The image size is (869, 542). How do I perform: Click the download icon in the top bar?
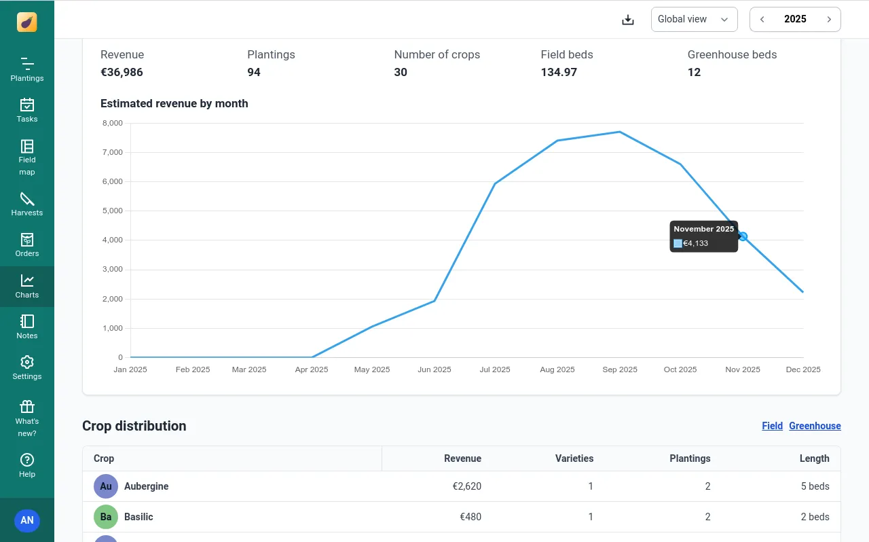tap(628, 20)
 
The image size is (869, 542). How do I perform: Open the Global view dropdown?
tap(694, 20)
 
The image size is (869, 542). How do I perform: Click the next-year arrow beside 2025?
tap(829, 20)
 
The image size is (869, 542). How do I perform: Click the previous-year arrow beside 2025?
tap(762, 20)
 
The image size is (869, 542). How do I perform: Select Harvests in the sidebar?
tap(27, 204)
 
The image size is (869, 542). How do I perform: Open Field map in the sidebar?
tap(27, 157)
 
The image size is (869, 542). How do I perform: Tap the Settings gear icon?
tap(27, 362)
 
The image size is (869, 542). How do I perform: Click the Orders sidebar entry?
tap(27, 245)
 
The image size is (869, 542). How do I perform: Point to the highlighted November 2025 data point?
tap(743, 236)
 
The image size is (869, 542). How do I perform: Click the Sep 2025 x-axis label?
tap(620, 369)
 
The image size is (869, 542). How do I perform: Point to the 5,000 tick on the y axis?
tap(112, 211)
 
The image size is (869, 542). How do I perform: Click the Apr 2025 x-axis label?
tap(311, 369)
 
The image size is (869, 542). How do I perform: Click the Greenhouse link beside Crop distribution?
tap(815, 426)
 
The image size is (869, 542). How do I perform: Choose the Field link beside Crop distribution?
tap(772, 426)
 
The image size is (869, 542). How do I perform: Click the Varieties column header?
tap(574, 458)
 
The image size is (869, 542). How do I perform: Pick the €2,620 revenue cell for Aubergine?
tap(467, 486)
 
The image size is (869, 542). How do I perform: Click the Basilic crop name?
tap(138, 517)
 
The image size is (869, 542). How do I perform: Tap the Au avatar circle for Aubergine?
tap(106, 486)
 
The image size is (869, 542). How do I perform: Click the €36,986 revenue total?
tap(122, 72)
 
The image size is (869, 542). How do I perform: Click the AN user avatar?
tap(27, 521)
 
